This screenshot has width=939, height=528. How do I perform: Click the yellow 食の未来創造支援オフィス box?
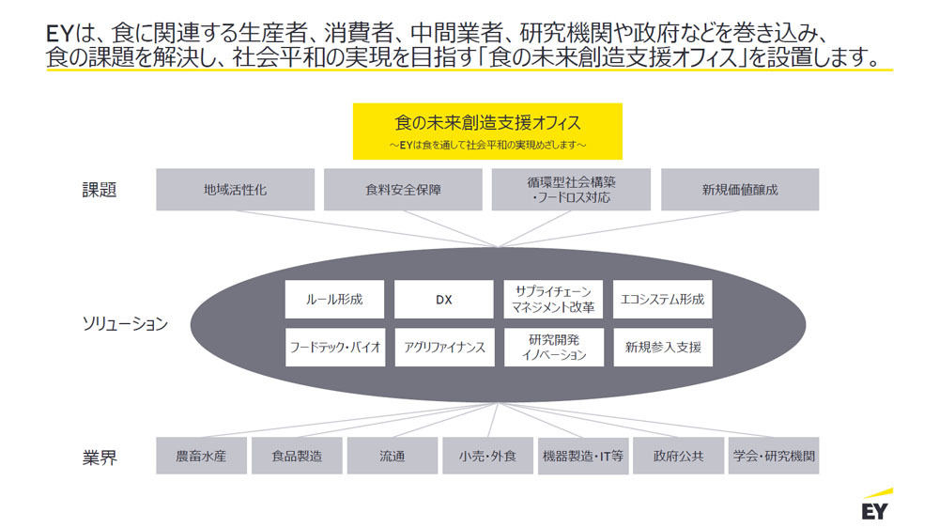pyautogui.click(x=487, y=132)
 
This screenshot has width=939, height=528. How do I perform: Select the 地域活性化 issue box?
pyautogui.click(x=236, y=190)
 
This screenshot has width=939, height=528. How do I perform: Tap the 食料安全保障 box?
pyautogui.click(x=403, y=190)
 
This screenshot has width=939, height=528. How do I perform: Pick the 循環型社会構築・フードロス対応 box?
pyautogui.click(x=571, y=190)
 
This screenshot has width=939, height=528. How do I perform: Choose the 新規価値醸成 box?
pyautogui.click(x=740, y=190)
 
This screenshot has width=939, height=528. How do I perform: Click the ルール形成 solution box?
pyautogui.click(x=335, y=299)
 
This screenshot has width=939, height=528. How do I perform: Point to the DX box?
pyautogui.click(x=444, y=299)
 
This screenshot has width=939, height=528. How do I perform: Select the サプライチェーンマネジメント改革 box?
pyautogui.click(x=553, y=299)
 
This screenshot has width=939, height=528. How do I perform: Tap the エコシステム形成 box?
pyautogui.click(x=662, y=299)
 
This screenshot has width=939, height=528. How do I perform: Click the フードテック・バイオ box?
pyautogui.click(x=335, y=347)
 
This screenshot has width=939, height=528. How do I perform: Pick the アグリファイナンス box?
pyautogui.click(x=445, y=347)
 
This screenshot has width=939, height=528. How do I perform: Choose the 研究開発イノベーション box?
pyautogui.click(x=554, y=347)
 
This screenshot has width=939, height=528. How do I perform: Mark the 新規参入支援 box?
pyautogui.click(x=663, y=347)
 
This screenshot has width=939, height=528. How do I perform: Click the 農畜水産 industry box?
pyautogui.click(x=201, y=456)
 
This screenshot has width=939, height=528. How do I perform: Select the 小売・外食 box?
pyautogui.click(x=487, y=456)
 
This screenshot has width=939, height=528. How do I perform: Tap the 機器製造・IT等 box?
pyautogui.click(x=583, y=456)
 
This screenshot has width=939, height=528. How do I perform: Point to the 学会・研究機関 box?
pyautogui.click(x=774, y=456)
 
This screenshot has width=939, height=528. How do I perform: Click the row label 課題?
pyautogui.click(x=100, y=190)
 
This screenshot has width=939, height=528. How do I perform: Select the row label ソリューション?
pyautogui.click(x=125, y=324)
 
